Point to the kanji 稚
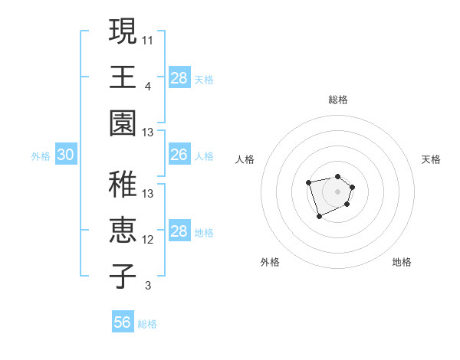pos(123,184)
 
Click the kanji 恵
pos(123,230)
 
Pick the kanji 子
pos(123,276)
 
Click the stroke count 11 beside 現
pos(148,39)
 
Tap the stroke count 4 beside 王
pos(148,85)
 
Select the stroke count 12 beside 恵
pos(148,240)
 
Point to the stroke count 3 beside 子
pos(148,286)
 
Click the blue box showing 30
pos(65,155)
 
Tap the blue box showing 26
pos(179,155)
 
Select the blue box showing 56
pos(123,322)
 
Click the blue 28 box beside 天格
pos(179,78)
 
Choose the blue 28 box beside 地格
pos(179,231)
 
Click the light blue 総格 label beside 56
pos(147,324)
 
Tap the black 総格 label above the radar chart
pos(338,100)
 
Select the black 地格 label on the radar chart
pos(402,262)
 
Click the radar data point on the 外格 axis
pos(319,217)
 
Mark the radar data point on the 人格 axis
pos(308,182)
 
